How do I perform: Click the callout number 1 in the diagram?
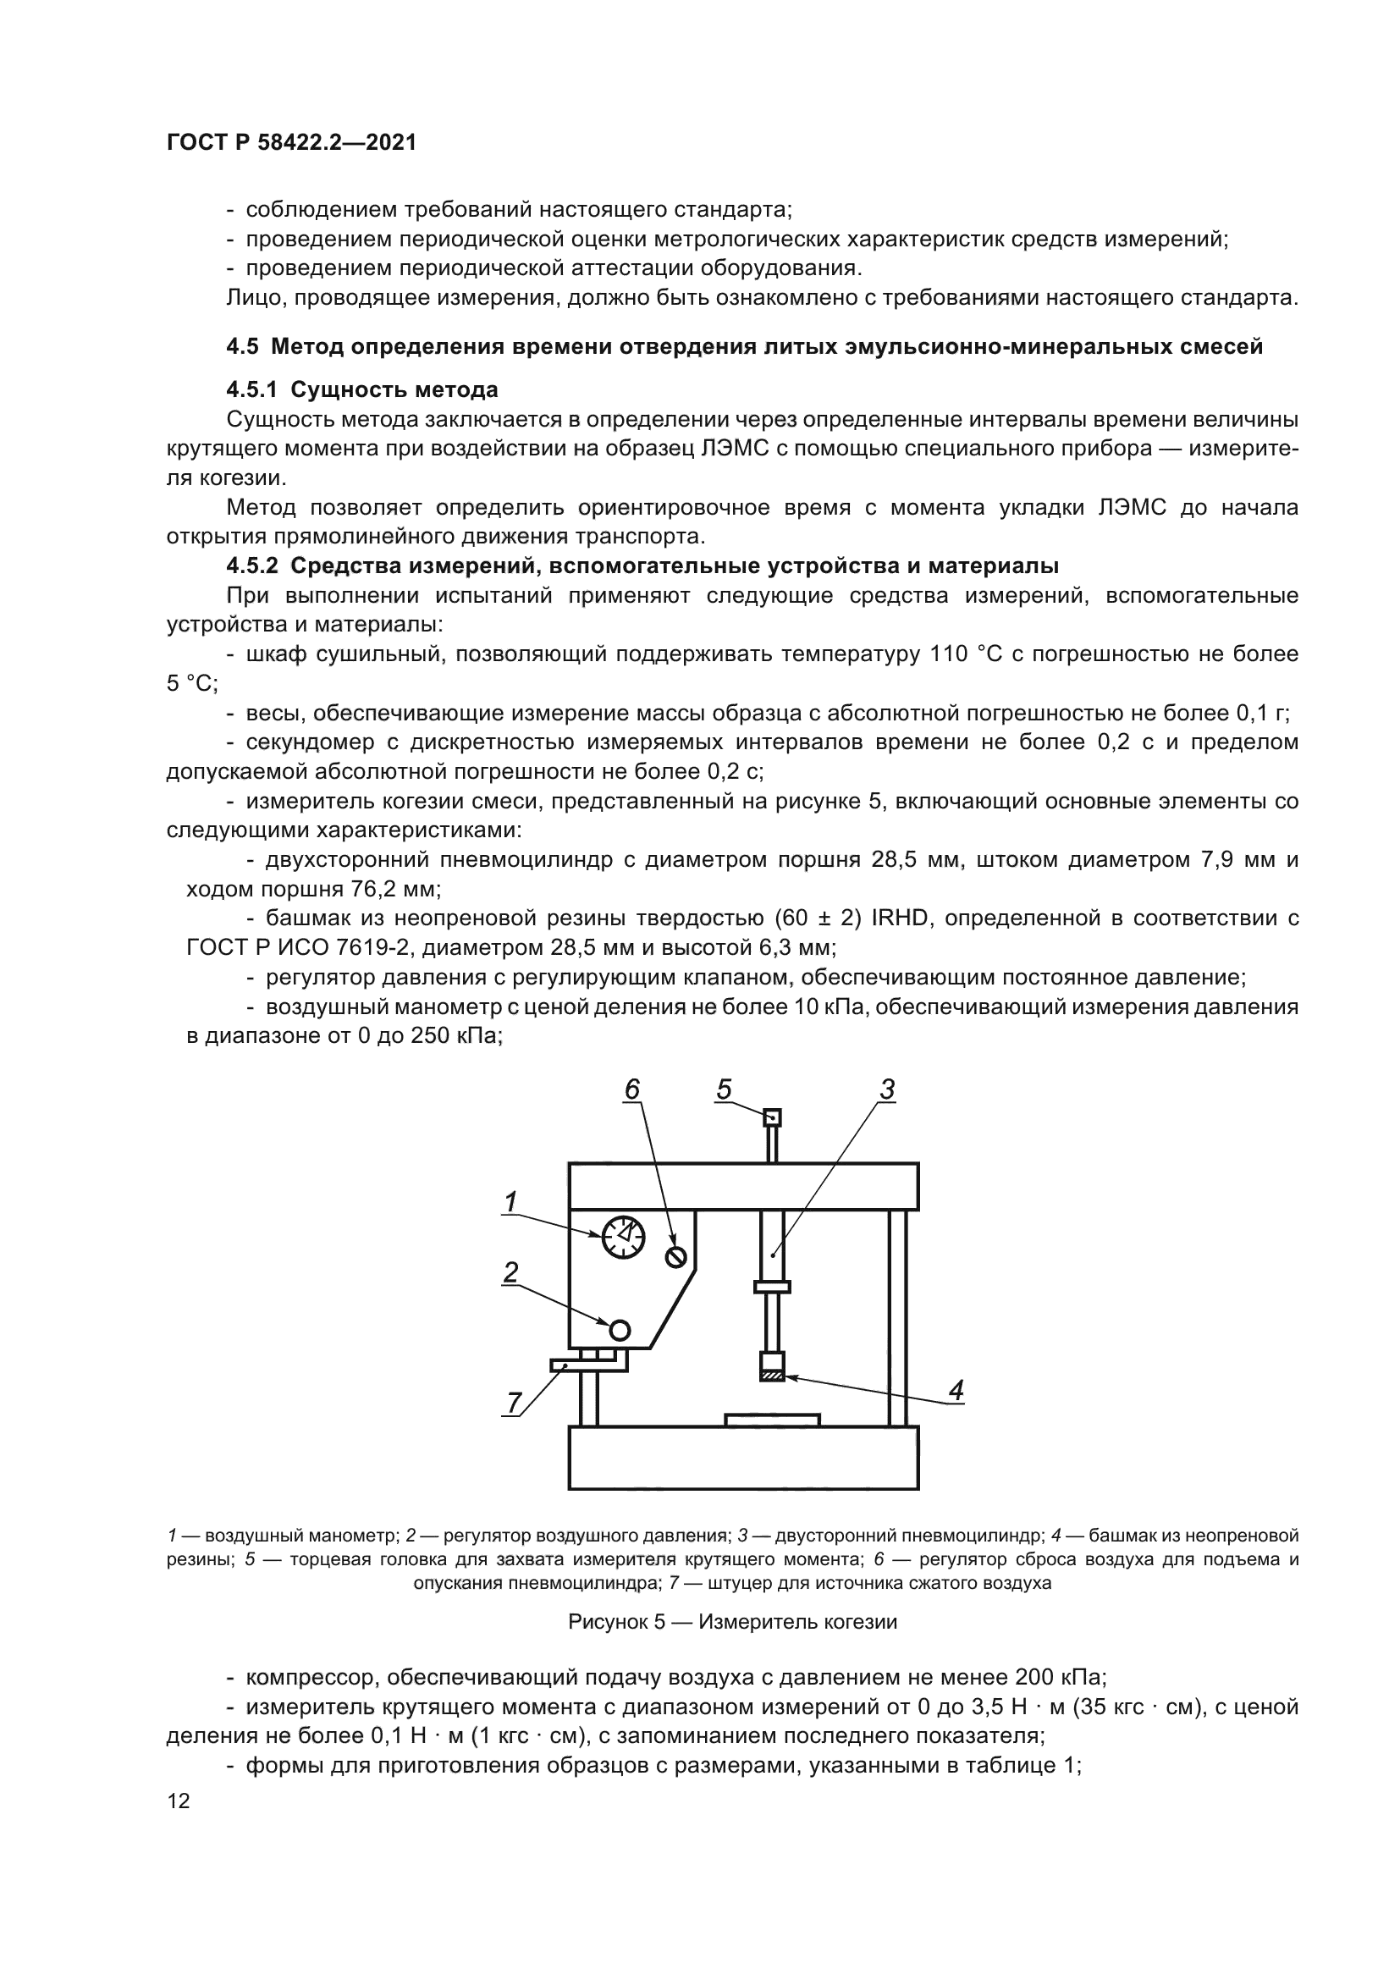coord(510,1201)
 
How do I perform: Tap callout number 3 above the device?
coord(887,1090)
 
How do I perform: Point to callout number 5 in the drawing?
coord(723,1090)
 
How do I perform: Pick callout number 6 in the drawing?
coord(633,1090)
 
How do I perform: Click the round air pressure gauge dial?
coord(623,1237)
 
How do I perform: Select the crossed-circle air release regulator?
coord(675,1257)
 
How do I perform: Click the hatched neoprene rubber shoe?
coord(773,1376)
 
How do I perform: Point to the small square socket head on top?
coord(773,1118)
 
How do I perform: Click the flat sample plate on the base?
coord(772,1420)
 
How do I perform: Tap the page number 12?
coord(179,1801)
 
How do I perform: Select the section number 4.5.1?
coord(251,389)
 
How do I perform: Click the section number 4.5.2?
coord(251,565)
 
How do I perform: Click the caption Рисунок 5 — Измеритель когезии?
coord(733,1622)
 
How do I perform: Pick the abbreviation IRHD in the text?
coord(900,918)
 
